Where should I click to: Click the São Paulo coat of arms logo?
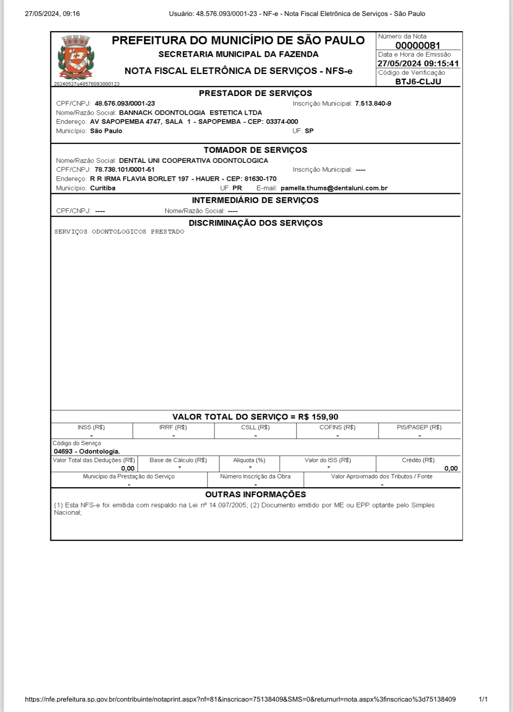[76, 58]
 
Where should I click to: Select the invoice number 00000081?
[418, 46]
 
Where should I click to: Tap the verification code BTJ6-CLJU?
[418, 82]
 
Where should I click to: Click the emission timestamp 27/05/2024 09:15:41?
[418, 64]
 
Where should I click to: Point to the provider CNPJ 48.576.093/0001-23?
[125, 104]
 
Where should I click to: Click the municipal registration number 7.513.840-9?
[373, 104]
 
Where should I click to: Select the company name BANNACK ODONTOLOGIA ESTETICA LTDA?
[190, 113]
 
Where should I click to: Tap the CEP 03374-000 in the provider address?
[282, 122]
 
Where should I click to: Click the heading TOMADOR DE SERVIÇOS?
[255, 150]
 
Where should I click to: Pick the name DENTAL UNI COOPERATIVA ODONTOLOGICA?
[193, 160]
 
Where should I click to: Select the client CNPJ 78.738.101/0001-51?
[125, 170]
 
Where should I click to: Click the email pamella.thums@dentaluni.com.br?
[334, 188]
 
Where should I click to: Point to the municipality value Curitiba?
[103, 188]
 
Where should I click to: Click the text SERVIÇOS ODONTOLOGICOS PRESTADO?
[119, 232]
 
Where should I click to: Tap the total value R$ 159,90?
[318, 417]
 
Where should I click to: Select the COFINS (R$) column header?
[337, 427]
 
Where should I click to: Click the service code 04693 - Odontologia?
[87, 452]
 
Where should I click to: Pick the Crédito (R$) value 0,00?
[451, 468]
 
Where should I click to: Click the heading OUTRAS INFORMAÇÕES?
[255, 494]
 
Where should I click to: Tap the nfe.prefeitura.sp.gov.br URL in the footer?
[240, 699]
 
